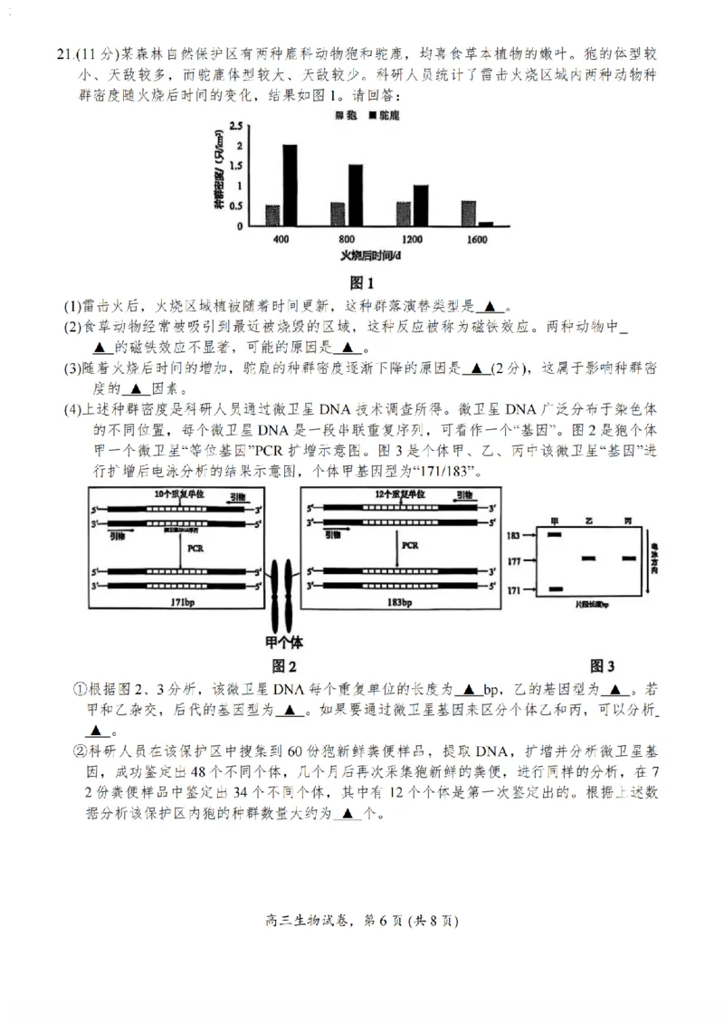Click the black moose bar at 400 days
[290, 185]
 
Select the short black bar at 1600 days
[486, 223]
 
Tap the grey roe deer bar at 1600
[468, 213]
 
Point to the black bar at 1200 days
[421, 205]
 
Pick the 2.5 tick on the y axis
[234, 126]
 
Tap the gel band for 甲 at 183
[555, 535]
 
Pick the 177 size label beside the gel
[515, 561]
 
